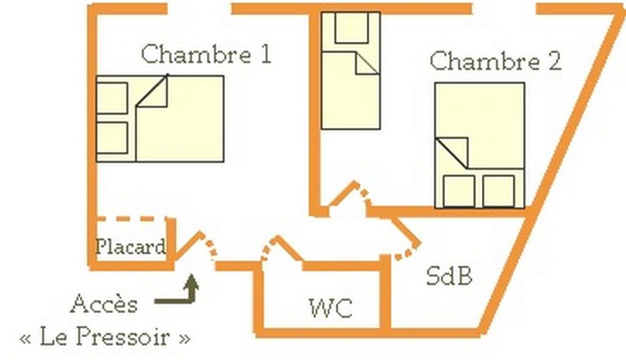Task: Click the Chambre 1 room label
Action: pos(206,54)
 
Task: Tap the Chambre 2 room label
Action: pos(496,61)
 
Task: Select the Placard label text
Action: pos(130,246)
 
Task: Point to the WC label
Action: pos(331,308)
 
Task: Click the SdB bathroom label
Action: pos(449,275)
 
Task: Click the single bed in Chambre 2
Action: pos(351,71)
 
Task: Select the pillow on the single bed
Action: pos(351,27)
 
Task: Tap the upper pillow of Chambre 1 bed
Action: pos(112,98)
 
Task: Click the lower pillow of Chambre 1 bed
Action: pos(112,138)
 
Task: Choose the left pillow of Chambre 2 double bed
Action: pos(459,191)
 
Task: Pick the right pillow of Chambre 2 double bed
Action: pos(498,191)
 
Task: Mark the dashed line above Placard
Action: pos(132,219)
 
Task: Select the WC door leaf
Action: pos(289,248)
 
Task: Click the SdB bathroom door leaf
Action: pos(406,231)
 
